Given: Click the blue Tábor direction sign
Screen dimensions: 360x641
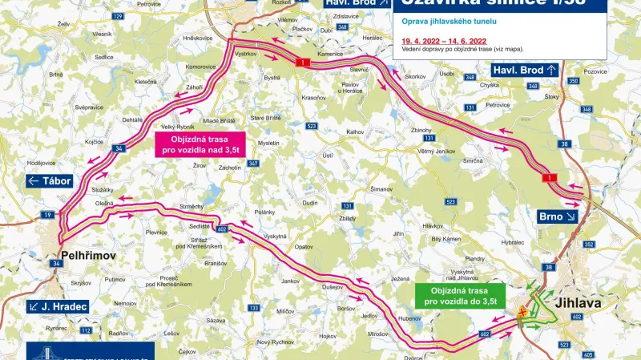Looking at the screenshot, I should pos(50,181).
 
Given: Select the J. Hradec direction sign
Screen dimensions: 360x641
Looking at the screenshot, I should pos(56,306).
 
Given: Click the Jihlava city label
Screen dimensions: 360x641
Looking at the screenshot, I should pos(591,303).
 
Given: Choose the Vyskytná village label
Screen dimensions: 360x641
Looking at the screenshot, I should pos(276,237).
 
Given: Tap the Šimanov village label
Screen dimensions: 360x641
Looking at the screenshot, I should pos(381,189).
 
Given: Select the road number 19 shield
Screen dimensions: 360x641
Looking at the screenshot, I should pos(47,215).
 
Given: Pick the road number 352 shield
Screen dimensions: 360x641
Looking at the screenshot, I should pos(590,245).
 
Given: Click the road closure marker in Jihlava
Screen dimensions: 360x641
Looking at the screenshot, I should pos(522,312).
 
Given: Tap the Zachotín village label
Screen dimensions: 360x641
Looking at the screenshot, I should pos(230,167).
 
